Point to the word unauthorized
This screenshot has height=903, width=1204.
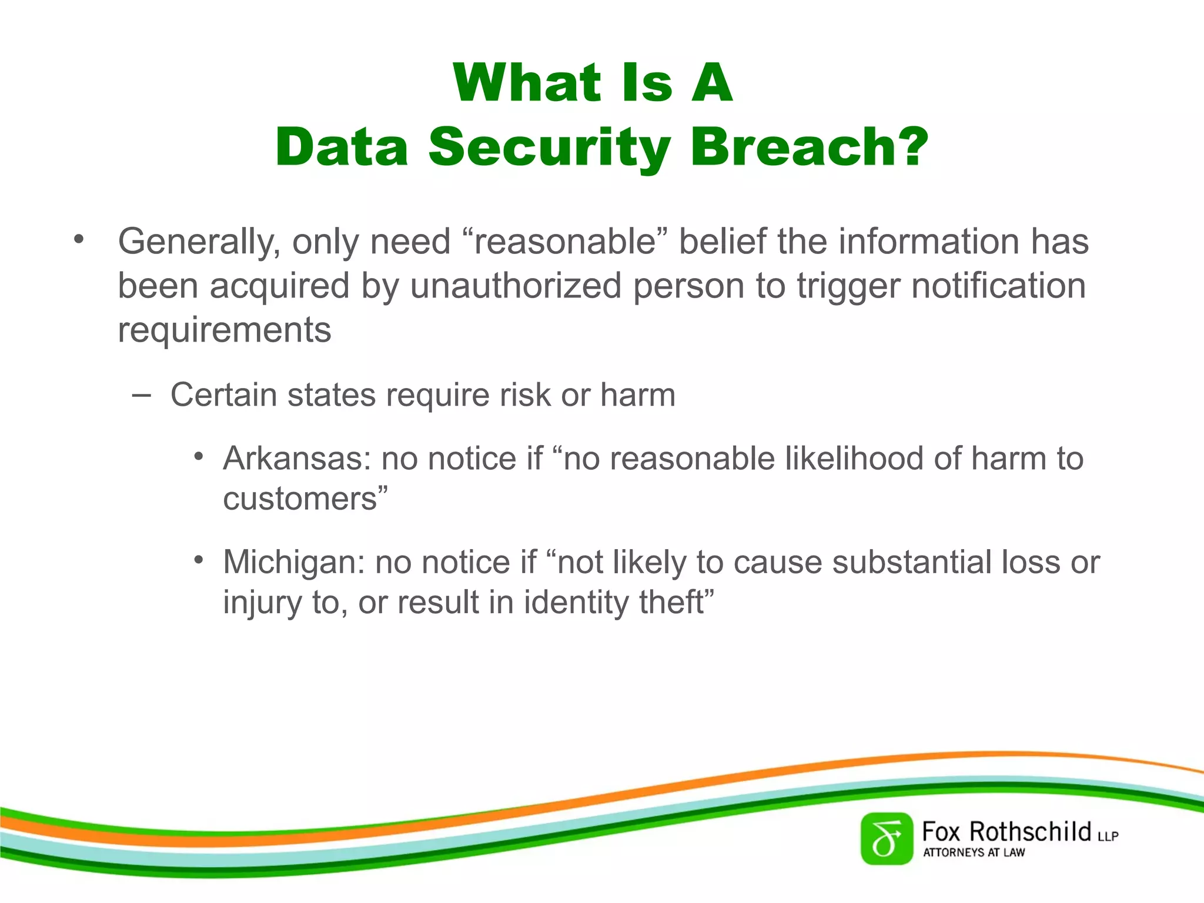click(x=516, y=286)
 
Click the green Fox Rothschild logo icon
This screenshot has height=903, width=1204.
click(x=887, y=839)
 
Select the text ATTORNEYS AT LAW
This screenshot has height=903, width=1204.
click(x=974, y=852)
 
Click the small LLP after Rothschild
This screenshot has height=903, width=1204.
click(x=1108, y=836)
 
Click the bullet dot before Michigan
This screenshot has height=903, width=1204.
click(x=199, y=560)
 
